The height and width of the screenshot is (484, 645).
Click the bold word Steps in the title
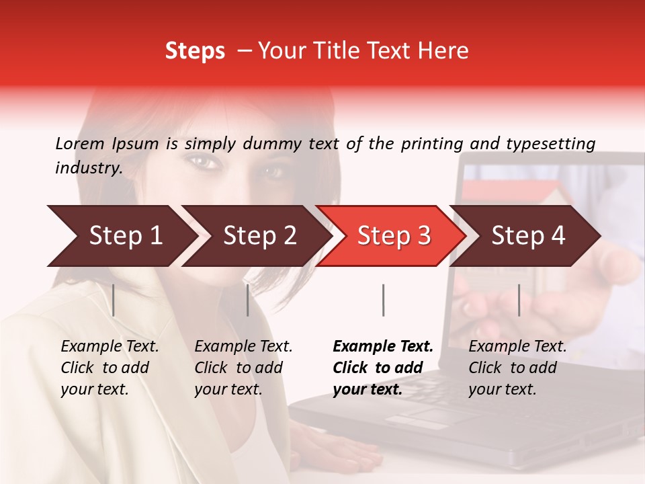pos(195,51)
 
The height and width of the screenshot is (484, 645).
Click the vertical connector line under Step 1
pos(114,300)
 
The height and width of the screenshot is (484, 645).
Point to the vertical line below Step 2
pos(248,300)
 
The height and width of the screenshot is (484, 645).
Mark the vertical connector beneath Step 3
pos(383,300)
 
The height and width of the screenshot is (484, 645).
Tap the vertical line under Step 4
pos(519,300)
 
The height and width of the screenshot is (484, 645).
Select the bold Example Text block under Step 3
pos(383,368)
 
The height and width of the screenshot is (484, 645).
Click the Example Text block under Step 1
pos(110,368)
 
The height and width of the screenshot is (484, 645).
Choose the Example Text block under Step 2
pos(243,368)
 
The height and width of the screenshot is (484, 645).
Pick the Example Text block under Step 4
pos(517,368)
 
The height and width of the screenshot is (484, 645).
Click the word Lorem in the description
pos(80,143)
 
